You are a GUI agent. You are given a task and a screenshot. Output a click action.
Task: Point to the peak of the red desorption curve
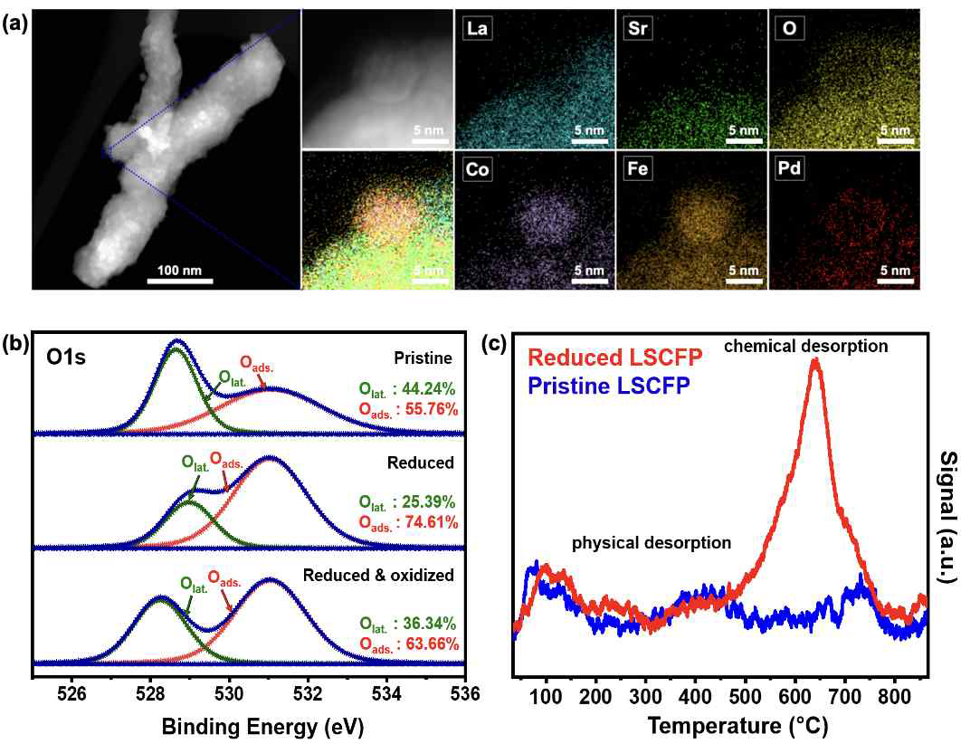pos(817,360)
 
